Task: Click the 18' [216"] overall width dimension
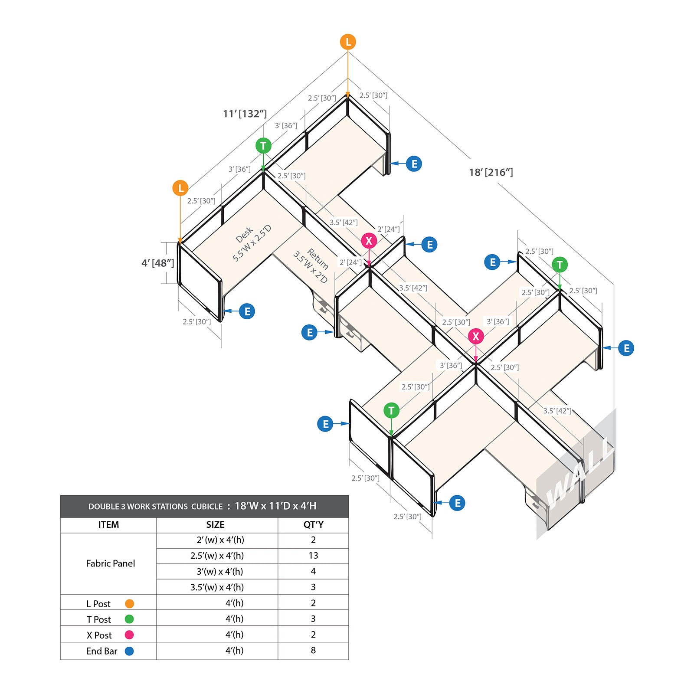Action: pyautogui.click(x=491, y=172)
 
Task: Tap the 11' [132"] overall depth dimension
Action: pyautogui.click(x=245, y=114)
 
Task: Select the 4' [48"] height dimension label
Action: pyautogui.click(x=158, y=263)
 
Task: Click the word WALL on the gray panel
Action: pyautogui.click(x=579, y=476)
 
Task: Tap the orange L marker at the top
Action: pyautogui.click(x=348, y=42)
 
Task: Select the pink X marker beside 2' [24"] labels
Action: pyautogui.click(x=369, y=241)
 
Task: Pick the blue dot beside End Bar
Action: pyautogui.click(x=129, y=651)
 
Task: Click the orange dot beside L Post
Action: pyautogui.click(x=129, y=603)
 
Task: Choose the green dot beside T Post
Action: pyautogui.click(x=129, y=619)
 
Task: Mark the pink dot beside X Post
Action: pyautogui.click(x=129, y=635)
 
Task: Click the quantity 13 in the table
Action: pyautogui.click(x=313, y=556)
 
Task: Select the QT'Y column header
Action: pyautogui.click(x=313, y=524)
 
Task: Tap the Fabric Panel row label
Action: pyautogui.click(x=111, y=563)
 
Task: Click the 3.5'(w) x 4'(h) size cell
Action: pyautogui.click(x=217, y=587)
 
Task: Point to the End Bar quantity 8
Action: pyautogui.click(x=313, y=650)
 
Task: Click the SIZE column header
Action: pyautogui.click(x=215, y=524)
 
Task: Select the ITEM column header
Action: pyautogui.click(x=108, y=524)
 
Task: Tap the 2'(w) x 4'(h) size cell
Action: pyautogui.click(x=220, y=540)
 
